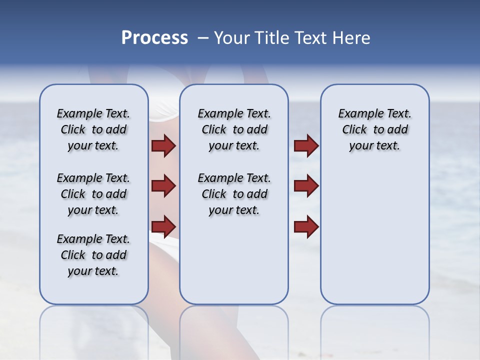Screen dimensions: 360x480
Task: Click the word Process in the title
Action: [154, 38]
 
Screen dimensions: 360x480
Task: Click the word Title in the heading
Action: [271, 38]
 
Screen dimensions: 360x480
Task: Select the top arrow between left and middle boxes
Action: [163, 146]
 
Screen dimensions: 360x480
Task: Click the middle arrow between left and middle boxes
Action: [163, 186]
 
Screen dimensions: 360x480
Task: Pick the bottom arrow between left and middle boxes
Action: [163, 226]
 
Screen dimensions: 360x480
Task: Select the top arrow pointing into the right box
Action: [306, 146]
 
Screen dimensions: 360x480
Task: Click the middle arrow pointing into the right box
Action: [306, 186]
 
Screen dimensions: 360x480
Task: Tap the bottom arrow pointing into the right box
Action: [306, 226]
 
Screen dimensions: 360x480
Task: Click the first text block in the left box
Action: [93, 129]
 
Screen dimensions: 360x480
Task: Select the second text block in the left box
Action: [93, 194]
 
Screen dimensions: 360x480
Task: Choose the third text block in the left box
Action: [93, 255]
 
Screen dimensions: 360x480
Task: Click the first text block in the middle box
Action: [234, 129]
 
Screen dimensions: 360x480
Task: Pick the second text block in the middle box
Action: [234, 194]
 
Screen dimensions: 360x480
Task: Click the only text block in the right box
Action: [374, 129]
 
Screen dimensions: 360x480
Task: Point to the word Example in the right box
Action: [357, 114]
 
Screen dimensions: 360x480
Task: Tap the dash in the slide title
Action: [203, 38]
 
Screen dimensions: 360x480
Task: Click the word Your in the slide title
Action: [232, 38]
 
